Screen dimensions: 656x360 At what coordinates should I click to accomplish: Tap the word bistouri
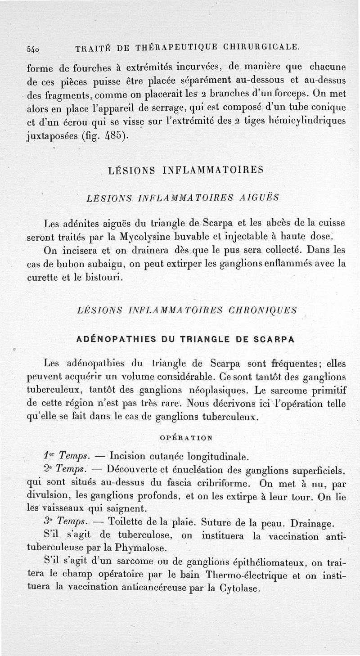(103, 276)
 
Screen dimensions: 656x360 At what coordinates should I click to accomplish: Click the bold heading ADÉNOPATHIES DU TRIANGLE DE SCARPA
(185, 339)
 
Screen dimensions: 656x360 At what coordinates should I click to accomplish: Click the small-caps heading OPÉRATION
(187, 437)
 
